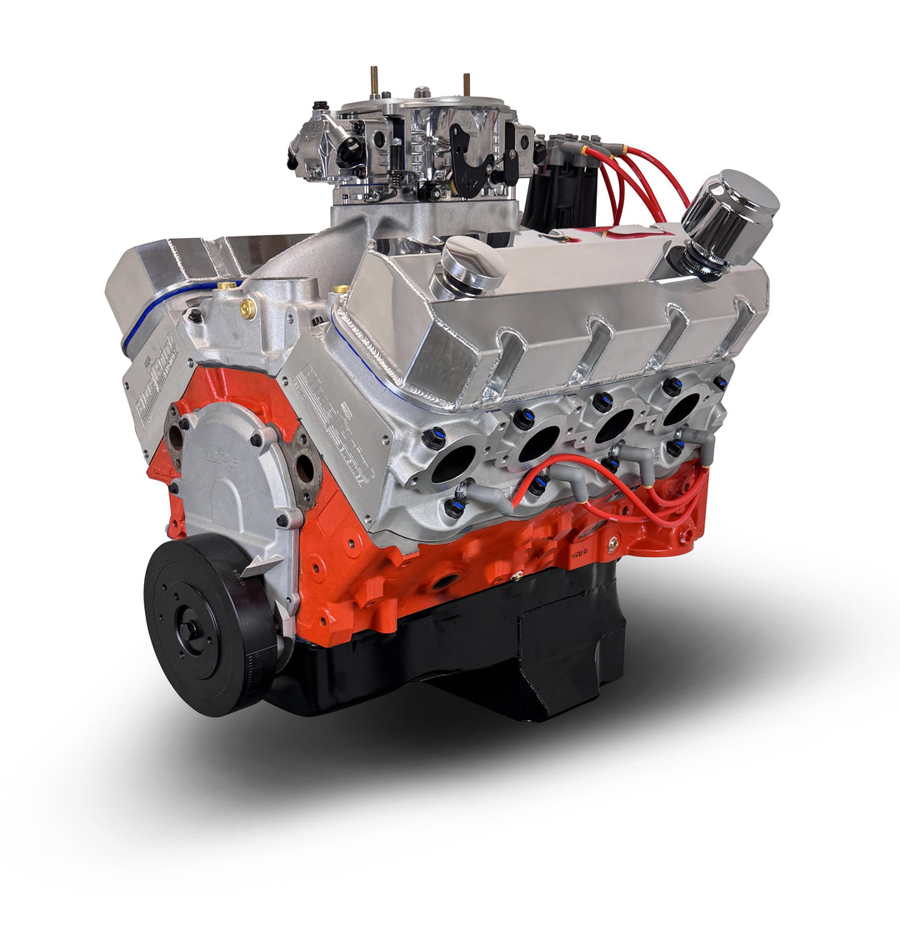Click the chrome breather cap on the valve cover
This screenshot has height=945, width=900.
[x=729, y=208]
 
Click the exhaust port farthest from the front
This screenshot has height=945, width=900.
[x=682, y=408]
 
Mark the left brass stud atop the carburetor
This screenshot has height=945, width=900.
[x=374, y=82]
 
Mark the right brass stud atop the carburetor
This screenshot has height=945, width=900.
[x=466, y=85]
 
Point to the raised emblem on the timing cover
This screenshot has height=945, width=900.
[x=227, y=459]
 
